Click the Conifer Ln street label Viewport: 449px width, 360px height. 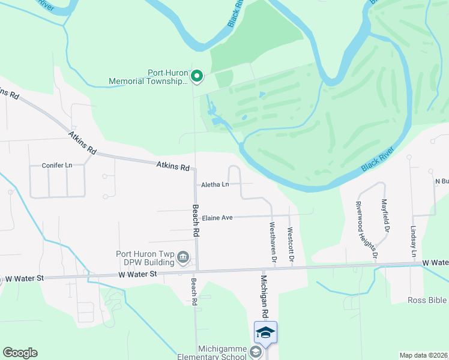pos(57,165)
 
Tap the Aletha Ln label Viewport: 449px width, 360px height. pos(215,184)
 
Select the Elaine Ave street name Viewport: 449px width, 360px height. pos(217,218)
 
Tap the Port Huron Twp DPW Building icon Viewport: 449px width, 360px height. pos(184,259)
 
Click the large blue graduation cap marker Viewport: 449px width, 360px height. pos(266,332)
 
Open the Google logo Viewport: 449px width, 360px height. pos(20,353)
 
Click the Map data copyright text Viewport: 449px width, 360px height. pos(424,355)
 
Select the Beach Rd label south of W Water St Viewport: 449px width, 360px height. pos(194,292)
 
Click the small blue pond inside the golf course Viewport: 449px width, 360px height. pos(262,95)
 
